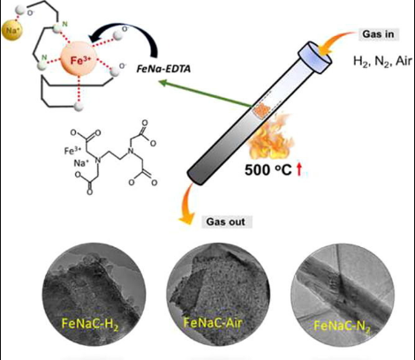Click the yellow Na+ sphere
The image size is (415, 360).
(x=12, y=30)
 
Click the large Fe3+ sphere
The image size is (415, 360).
(x=79, y=59)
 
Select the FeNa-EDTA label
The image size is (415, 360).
(x=164, y=69)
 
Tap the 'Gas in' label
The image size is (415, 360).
(x=378, y=34)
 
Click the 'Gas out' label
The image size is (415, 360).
(x=226, y=221)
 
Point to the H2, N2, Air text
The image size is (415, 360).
(x=382, y=62)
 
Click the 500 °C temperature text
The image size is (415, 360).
(x=268, y=169)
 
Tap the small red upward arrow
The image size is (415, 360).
(x=299, y=170)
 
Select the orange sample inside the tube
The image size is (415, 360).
(x=262, y=111)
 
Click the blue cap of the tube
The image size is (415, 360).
(x=314, y=56)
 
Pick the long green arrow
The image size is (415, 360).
(x=206, y=94)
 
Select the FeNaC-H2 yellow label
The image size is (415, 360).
(x=90, y=324)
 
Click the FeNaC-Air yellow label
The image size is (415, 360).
(x=213, y=323)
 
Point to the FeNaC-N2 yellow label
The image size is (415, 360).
(x=342, y=326)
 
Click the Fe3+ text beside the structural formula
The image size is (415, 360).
(x=72, y=151)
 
